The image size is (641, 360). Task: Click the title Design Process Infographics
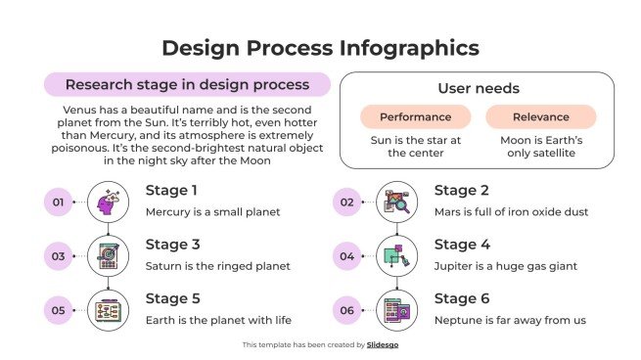click(320, 48)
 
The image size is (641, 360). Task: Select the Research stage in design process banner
click(186, 85)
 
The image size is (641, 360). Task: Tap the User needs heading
click(478, 88)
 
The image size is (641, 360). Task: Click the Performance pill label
click(415, 117)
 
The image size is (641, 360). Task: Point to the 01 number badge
click(58, 203)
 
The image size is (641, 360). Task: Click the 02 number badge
click(346, 203)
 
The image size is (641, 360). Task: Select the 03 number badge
click(58, 257)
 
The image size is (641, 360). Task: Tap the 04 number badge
click(346, 257)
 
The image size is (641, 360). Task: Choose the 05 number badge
click(58, 311)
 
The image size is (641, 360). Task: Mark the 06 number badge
click(346, 311)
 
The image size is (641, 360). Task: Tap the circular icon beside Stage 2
click(396, 202)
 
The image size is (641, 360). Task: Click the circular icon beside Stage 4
click(396, 256)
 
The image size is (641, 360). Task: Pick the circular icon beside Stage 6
click(396, 310)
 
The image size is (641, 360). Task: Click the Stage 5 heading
click(172, 299)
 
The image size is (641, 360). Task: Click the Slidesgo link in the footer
click(383, 344)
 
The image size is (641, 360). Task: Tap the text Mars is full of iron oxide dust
click(511, 211)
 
